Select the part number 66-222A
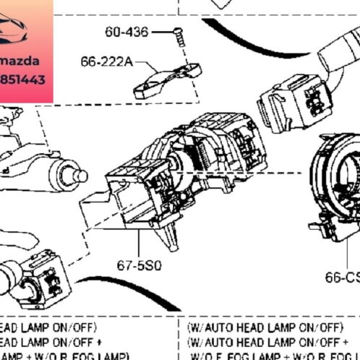tap(106, 63)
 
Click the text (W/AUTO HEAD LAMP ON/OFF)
tap(265, 327)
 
